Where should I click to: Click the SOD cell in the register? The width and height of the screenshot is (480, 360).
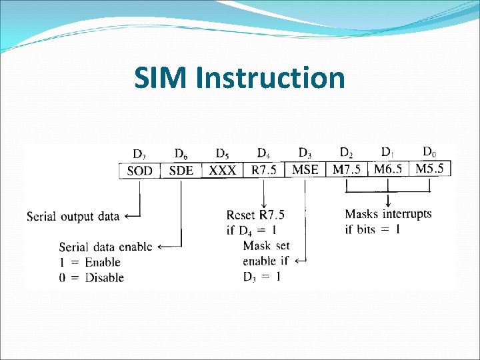point(139,171)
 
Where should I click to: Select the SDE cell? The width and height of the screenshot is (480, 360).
point(181,171)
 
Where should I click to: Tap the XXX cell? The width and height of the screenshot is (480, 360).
point(223,171)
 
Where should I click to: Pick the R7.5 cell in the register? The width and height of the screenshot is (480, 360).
point(264,170)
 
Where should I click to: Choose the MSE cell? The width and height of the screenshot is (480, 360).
point(305,169)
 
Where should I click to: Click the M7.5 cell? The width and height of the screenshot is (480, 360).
point(347,169)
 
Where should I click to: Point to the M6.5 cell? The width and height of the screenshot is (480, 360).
point(388,169)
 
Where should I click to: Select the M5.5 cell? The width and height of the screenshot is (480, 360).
point(429,168)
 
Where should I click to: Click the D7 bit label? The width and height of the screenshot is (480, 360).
point(139,155)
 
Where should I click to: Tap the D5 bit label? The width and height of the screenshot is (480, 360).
point(223,154)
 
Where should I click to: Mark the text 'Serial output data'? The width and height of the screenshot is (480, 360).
point(73,216)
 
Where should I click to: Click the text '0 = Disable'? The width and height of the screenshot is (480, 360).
point(91,277)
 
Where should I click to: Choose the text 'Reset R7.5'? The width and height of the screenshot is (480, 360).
point(255,215)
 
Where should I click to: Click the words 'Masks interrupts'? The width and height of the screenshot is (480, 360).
point(388,214)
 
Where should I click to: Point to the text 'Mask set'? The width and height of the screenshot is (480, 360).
point(266,246)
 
